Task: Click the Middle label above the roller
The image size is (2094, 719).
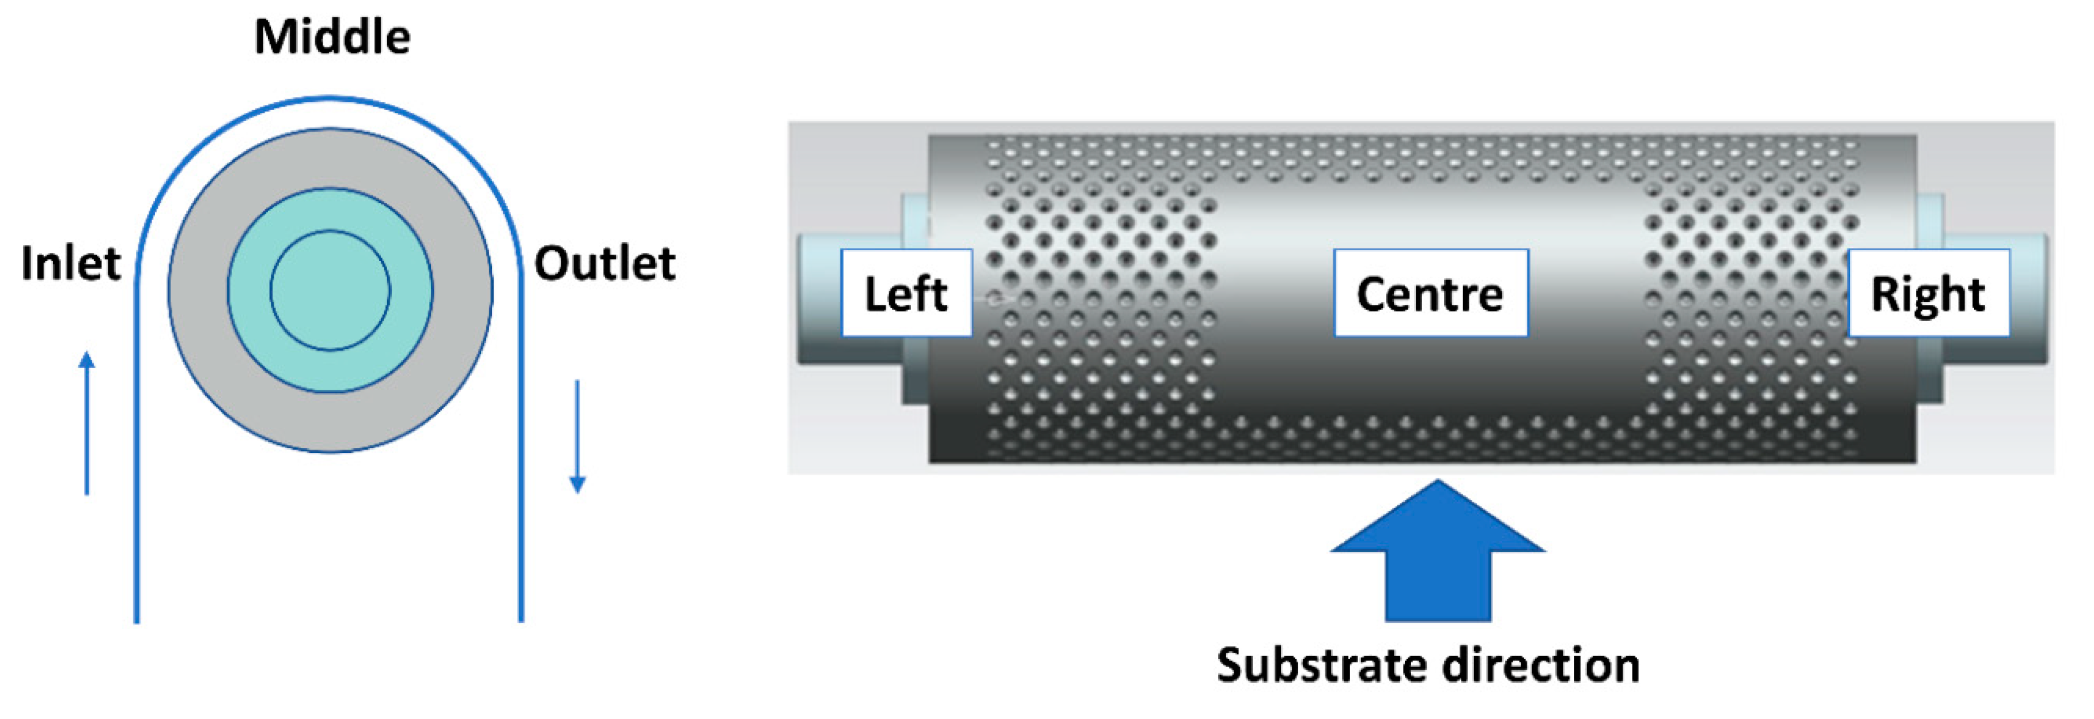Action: [x=332, y=37]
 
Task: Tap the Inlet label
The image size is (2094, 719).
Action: [x=71, y=264]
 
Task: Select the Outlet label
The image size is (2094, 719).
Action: [x=604, y=264]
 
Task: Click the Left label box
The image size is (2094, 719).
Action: [x=906, y=293]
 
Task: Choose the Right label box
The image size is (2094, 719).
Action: [x=1927, y=293]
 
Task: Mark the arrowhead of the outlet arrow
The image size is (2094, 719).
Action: [x=577, y=485]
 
